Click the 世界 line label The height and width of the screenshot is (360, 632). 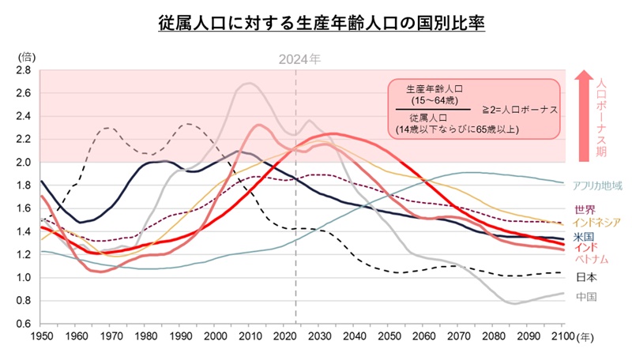tap(585, 210)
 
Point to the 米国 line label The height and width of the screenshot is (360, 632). tap(585, 236)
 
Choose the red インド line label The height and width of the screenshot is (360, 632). tap(585, 248)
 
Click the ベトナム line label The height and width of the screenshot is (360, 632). tap(591, 260)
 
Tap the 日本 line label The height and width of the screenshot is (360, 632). tap(585, 277)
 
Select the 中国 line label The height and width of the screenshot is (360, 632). tap(585, 297)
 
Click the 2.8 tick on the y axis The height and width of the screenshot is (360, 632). tap(23, 70)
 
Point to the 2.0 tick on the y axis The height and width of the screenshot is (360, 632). tap(23, 163)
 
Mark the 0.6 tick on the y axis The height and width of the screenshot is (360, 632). tap(23, 324)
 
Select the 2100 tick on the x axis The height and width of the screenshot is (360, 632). tap(563, 337)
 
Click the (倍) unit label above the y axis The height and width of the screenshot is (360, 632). tap(25, 56)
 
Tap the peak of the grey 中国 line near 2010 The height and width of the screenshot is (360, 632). tap(248, 83)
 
